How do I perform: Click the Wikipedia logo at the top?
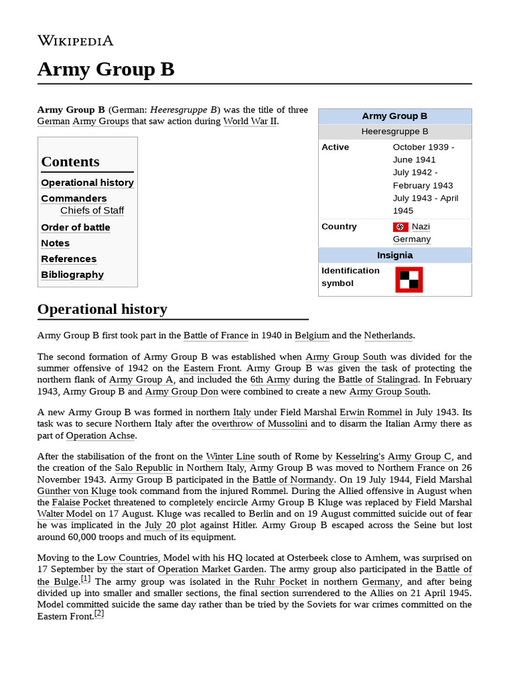pos(76,41)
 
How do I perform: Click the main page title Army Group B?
pos(106,69)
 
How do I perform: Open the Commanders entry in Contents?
pos(74,199)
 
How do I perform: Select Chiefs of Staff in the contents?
pos(92,211)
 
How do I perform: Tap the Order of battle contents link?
pos(76,227)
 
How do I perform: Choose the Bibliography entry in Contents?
pos(72,275)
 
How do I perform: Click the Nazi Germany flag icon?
pos(400,227)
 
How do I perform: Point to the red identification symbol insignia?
pos(409,279)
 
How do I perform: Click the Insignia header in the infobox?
pos(395,256)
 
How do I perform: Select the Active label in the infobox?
pos(335,147)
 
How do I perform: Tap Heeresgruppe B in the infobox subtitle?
pos(395,132)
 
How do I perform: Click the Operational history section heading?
pos(102,309)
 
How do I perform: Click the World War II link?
pos(251,122)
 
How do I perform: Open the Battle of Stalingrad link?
pos(378,380)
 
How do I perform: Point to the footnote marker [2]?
pos(99,614)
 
